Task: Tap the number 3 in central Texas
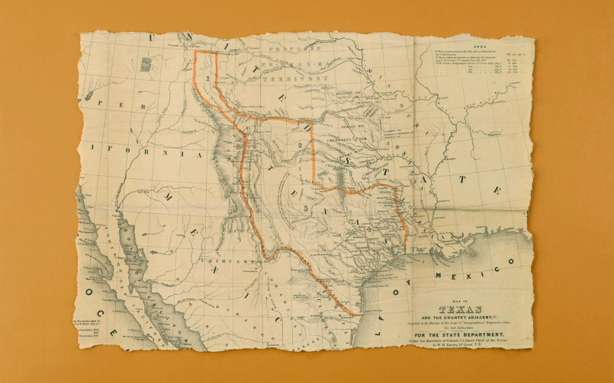tap(305, 207)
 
